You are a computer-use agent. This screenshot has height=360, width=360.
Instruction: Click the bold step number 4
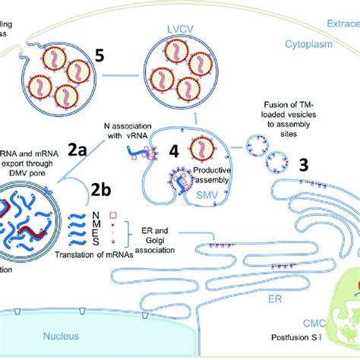pos(174,151)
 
